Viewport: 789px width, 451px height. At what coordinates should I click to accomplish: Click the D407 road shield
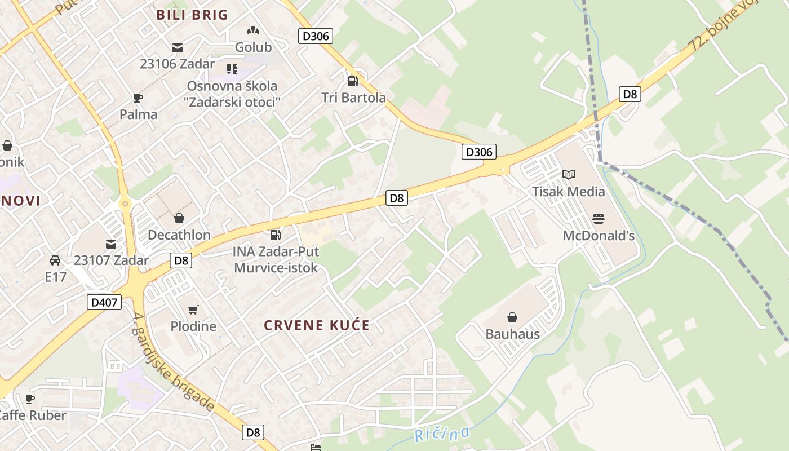click(x=105, y=302)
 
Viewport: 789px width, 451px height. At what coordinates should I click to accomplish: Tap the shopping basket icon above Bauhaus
click(x=512, y=318)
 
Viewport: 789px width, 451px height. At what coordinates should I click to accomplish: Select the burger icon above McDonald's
click(x=598, y=219)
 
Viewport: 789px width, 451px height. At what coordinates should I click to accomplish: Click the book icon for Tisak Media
click(x=568, y=175)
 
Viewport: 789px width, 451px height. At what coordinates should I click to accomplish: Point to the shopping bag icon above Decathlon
click(x=179, y=218)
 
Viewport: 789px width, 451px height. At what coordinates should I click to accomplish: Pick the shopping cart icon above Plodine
click(x=193, y=309)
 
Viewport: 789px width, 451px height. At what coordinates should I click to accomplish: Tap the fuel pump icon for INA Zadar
click(x=276, y=235)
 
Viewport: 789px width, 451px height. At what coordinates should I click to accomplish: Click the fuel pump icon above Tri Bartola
click(x=353, y=81)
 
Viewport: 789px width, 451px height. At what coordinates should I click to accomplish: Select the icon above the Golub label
click(x=253, y=30)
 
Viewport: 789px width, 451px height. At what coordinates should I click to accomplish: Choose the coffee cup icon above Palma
click(x=138, y=98)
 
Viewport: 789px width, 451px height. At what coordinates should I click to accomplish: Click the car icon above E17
click(x=55, y=260)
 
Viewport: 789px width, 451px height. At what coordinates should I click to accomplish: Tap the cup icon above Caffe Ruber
click(x=30, y=399)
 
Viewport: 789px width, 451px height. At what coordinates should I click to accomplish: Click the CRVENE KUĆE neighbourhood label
click(x=317, y=325)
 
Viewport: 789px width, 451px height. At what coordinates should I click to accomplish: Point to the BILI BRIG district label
click(x=192, y=15)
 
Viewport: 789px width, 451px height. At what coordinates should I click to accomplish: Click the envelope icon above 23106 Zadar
click(x=178, y=47)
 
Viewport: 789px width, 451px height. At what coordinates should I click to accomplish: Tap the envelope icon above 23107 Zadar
click(x=111, y=244)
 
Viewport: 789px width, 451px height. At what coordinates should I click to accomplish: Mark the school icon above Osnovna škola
click(x=232, y=69)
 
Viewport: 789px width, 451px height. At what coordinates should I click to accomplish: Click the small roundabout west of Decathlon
click(x=125, y=204)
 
